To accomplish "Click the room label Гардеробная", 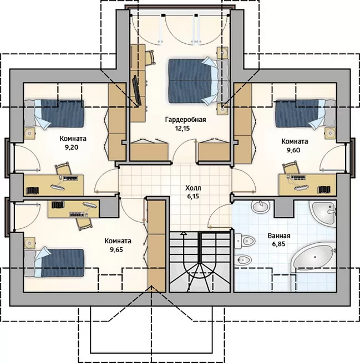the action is coord(186,120).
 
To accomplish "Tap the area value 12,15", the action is coord(182,129).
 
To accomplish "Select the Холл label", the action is coord(193,188).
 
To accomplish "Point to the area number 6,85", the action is coord(278,244).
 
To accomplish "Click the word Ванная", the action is coord(279,236).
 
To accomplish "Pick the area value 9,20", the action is coord(72,147).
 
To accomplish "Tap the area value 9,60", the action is coord(293,150).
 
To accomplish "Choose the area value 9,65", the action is coord(116,249).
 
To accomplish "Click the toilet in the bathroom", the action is coord(245,241).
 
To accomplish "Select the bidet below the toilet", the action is coord(243,260).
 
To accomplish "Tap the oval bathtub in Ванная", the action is coord(313,257).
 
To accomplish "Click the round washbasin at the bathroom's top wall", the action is coord(261,207).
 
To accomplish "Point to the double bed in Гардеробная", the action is coord(198,81).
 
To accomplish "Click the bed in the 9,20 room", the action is coord(54,114).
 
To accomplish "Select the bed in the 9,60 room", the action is coord(306,114).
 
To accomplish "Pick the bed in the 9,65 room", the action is coord(54,263).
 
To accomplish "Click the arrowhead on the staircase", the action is coord(184,233).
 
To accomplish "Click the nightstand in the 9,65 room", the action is coord(29,243).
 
